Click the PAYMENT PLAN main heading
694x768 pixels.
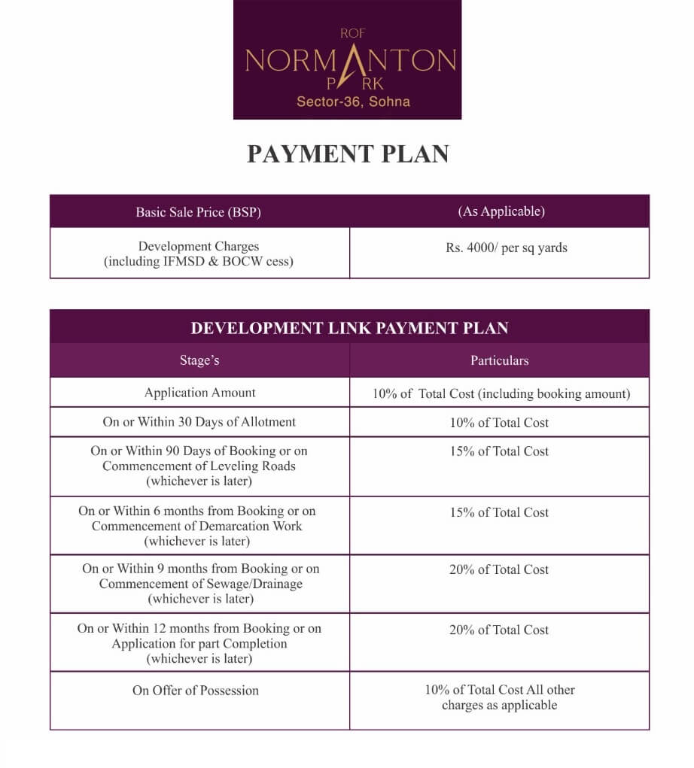[x=348, y=153]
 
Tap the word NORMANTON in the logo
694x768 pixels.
[x=350, y=60]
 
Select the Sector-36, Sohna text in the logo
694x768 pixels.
[x=353, y=102]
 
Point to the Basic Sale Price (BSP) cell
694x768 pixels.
[x=198, y=212]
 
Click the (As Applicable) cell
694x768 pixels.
[x=501, y=211]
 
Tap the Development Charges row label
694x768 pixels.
[x=198, y=253]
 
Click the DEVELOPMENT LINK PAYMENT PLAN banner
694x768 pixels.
[x=349, y=328]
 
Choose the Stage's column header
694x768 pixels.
[x=199, y=360]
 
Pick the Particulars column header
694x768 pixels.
[x=499, y=360]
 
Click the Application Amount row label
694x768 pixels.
[x=199, y=393]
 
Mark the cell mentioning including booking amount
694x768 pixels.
[x=501, y=393]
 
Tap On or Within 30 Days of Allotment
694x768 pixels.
[x=199, y=422]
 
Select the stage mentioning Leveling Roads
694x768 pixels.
[x=199, y=466]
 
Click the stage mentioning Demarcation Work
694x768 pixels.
[x=197, y=526]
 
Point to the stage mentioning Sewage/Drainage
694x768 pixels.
[x=200, y=584]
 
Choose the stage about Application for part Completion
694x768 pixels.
[x=199, y=644]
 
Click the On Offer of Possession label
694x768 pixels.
[x=195, y=691]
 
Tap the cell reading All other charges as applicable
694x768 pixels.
[x=499, y=697]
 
